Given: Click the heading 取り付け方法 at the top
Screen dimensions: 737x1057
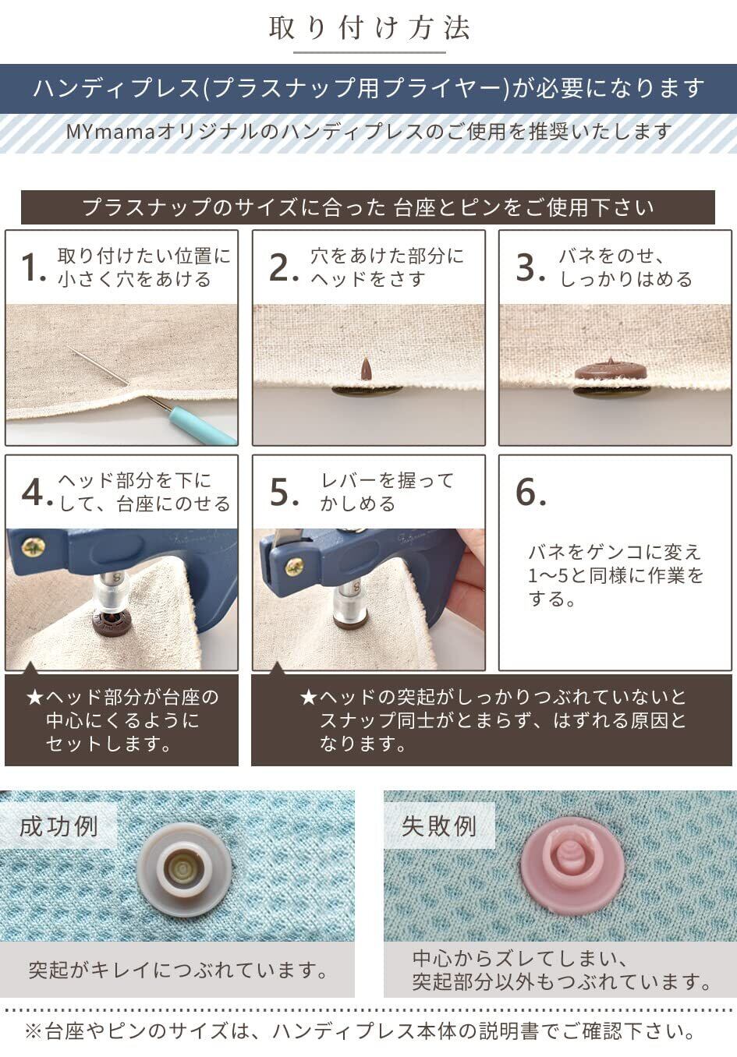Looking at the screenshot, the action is pyautogui.click(x=369, y=28).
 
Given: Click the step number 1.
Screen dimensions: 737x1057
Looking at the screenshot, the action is pyautogui.click(x=33, y=267).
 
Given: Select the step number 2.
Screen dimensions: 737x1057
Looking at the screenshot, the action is pyautogui.click(x=284, y=267).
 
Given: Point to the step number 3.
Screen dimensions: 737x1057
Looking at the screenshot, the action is pyautogui.click(x=530, y=267).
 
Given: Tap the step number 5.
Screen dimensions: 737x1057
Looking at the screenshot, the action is pyautogui.click(x=284, y=492).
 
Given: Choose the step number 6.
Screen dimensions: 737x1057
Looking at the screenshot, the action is pyautogui.click(x=530, y=492).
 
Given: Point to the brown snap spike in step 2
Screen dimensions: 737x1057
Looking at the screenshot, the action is pyautogui.click(x=367, y=369).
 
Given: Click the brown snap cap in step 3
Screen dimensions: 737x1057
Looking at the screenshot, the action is pyautogui.click(x=610, y=371).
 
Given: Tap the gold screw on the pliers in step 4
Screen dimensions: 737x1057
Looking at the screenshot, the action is pyautogui.click(x=33, y=548).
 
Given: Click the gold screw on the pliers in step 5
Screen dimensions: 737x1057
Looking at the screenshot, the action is pyautogui.click(x=295, y=567).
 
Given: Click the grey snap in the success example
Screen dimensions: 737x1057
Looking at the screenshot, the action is pyautogui.click(x=184, y=868).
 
